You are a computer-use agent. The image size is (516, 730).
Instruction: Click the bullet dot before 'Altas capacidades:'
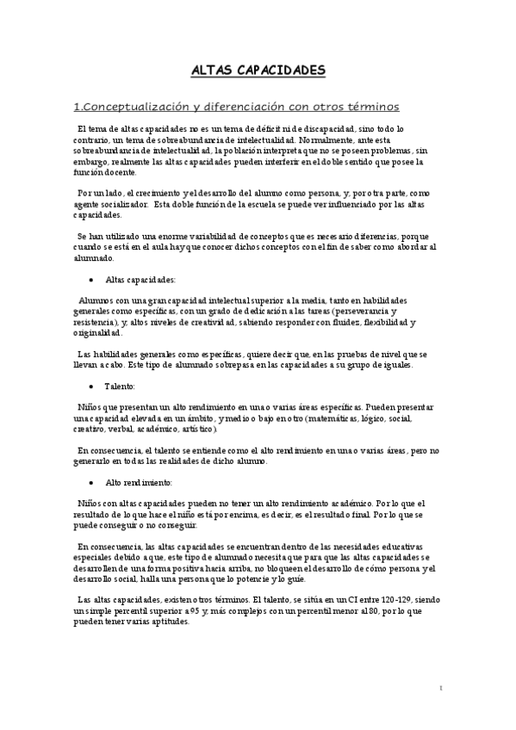click(91, 281)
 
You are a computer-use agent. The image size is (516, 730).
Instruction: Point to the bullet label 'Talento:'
click(121, 387)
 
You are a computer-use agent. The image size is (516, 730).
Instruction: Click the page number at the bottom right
click(440, 688)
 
